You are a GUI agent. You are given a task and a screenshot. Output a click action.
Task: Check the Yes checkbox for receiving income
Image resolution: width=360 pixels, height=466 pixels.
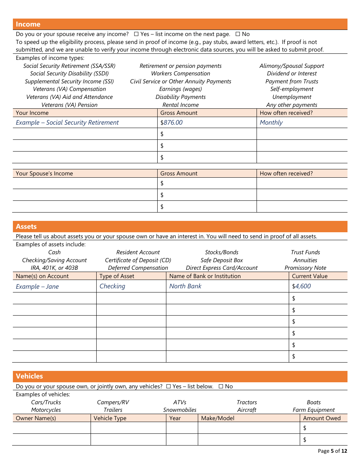[136, 34]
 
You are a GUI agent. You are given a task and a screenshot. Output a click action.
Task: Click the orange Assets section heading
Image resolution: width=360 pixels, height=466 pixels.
[26, 227]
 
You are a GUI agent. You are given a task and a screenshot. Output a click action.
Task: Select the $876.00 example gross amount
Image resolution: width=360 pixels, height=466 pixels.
[172, 122]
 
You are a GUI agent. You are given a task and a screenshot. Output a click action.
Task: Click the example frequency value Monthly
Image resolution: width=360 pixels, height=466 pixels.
[271, 122]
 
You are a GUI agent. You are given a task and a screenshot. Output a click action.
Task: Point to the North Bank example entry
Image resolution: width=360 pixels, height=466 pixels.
[185, 286]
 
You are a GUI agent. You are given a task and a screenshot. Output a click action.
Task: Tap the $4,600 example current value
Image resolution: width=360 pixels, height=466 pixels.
[301, 286]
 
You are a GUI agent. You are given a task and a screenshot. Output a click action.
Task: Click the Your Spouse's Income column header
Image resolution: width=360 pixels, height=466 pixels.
[44, 174]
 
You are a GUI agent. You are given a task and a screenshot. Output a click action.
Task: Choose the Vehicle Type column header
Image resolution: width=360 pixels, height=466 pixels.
[110, 418]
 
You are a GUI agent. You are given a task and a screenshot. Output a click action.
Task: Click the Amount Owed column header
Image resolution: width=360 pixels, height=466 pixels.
[322, 418]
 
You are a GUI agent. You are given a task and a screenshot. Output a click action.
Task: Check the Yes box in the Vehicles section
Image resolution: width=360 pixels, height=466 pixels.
[168, 386]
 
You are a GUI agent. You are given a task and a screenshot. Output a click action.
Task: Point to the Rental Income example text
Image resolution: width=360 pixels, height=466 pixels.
[180, 105]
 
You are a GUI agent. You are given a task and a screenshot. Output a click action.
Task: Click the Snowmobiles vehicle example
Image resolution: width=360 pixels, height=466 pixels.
[180, 410]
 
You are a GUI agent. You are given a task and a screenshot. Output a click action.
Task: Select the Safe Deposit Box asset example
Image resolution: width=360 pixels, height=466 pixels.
[222, 260]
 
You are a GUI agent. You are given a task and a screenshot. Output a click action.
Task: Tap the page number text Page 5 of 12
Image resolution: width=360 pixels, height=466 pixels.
[332, 451]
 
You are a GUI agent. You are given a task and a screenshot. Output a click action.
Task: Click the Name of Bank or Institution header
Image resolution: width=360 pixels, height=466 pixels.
[205, 276]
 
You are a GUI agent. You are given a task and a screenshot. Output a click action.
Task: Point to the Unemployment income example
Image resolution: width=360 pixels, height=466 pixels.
[292, 97]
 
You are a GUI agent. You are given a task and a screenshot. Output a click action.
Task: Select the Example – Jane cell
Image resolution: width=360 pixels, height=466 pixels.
[37, 286]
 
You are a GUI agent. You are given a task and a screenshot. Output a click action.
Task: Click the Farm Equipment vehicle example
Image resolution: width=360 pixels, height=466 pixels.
[313, 410]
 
